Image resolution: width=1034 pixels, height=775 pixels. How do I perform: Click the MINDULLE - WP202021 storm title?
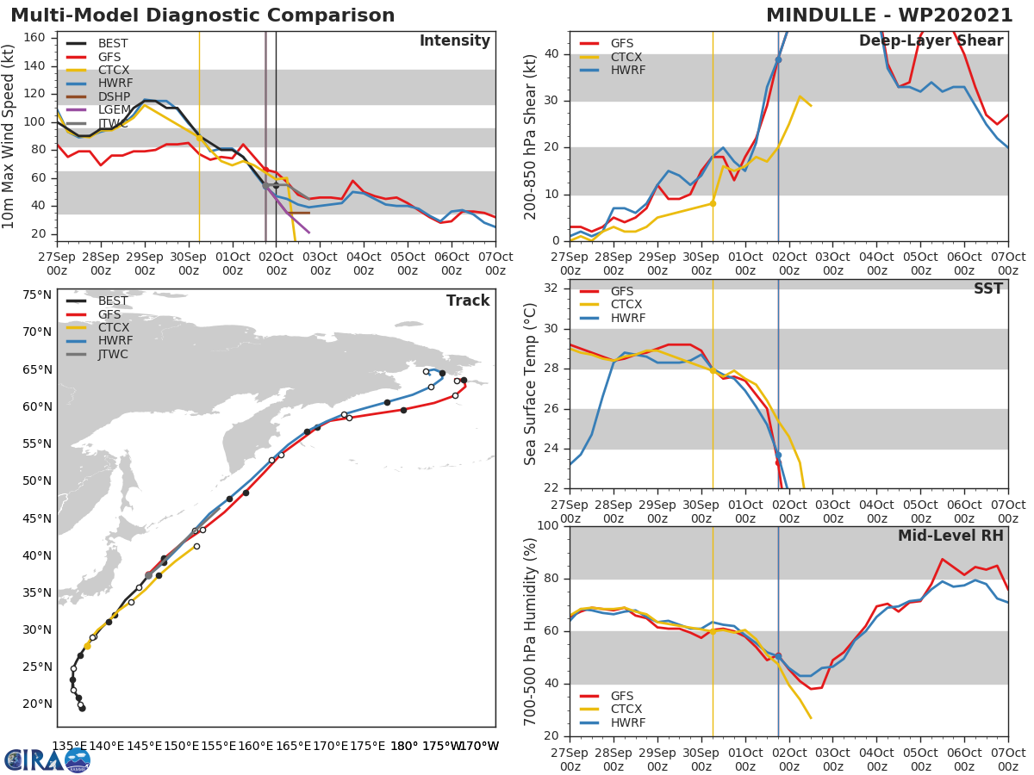coord(889,15)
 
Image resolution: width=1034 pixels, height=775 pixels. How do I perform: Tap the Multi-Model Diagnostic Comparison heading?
coord(202,15)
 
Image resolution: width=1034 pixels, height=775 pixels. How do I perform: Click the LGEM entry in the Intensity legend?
coord(114,109)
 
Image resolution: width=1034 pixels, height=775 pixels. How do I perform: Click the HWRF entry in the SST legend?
coord(626,318)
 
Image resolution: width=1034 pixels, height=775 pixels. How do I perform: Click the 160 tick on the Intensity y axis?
coord(39,37)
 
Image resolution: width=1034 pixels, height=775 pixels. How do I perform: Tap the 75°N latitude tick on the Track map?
coord(37,294)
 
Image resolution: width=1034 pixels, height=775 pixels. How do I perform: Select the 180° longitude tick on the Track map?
coord(403,746)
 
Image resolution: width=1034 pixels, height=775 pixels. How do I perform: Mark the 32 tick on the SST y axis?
coord(552,288)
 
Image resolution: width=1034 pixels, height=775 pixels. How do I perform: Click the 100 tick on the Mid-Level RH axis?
coord(549,526)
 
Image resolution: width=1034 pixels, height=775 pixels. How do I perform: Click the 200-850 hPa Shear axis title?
coord(532,136)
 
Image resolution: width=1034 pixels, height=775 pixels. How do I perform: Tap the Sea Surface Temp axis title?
coord(532,383)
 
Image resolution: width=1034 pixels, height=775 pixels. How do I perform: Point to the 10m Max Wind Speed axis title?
coord(9,136)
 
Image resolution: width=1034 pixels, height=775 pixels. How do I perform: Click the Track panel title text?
coord(467,301)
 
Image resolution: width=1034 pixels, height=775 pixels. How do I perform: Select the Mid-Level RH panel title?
coord(950,536)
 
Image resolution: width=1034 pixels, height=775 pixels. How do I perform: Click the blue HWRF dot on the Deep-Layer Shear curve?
coord(778,59)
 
